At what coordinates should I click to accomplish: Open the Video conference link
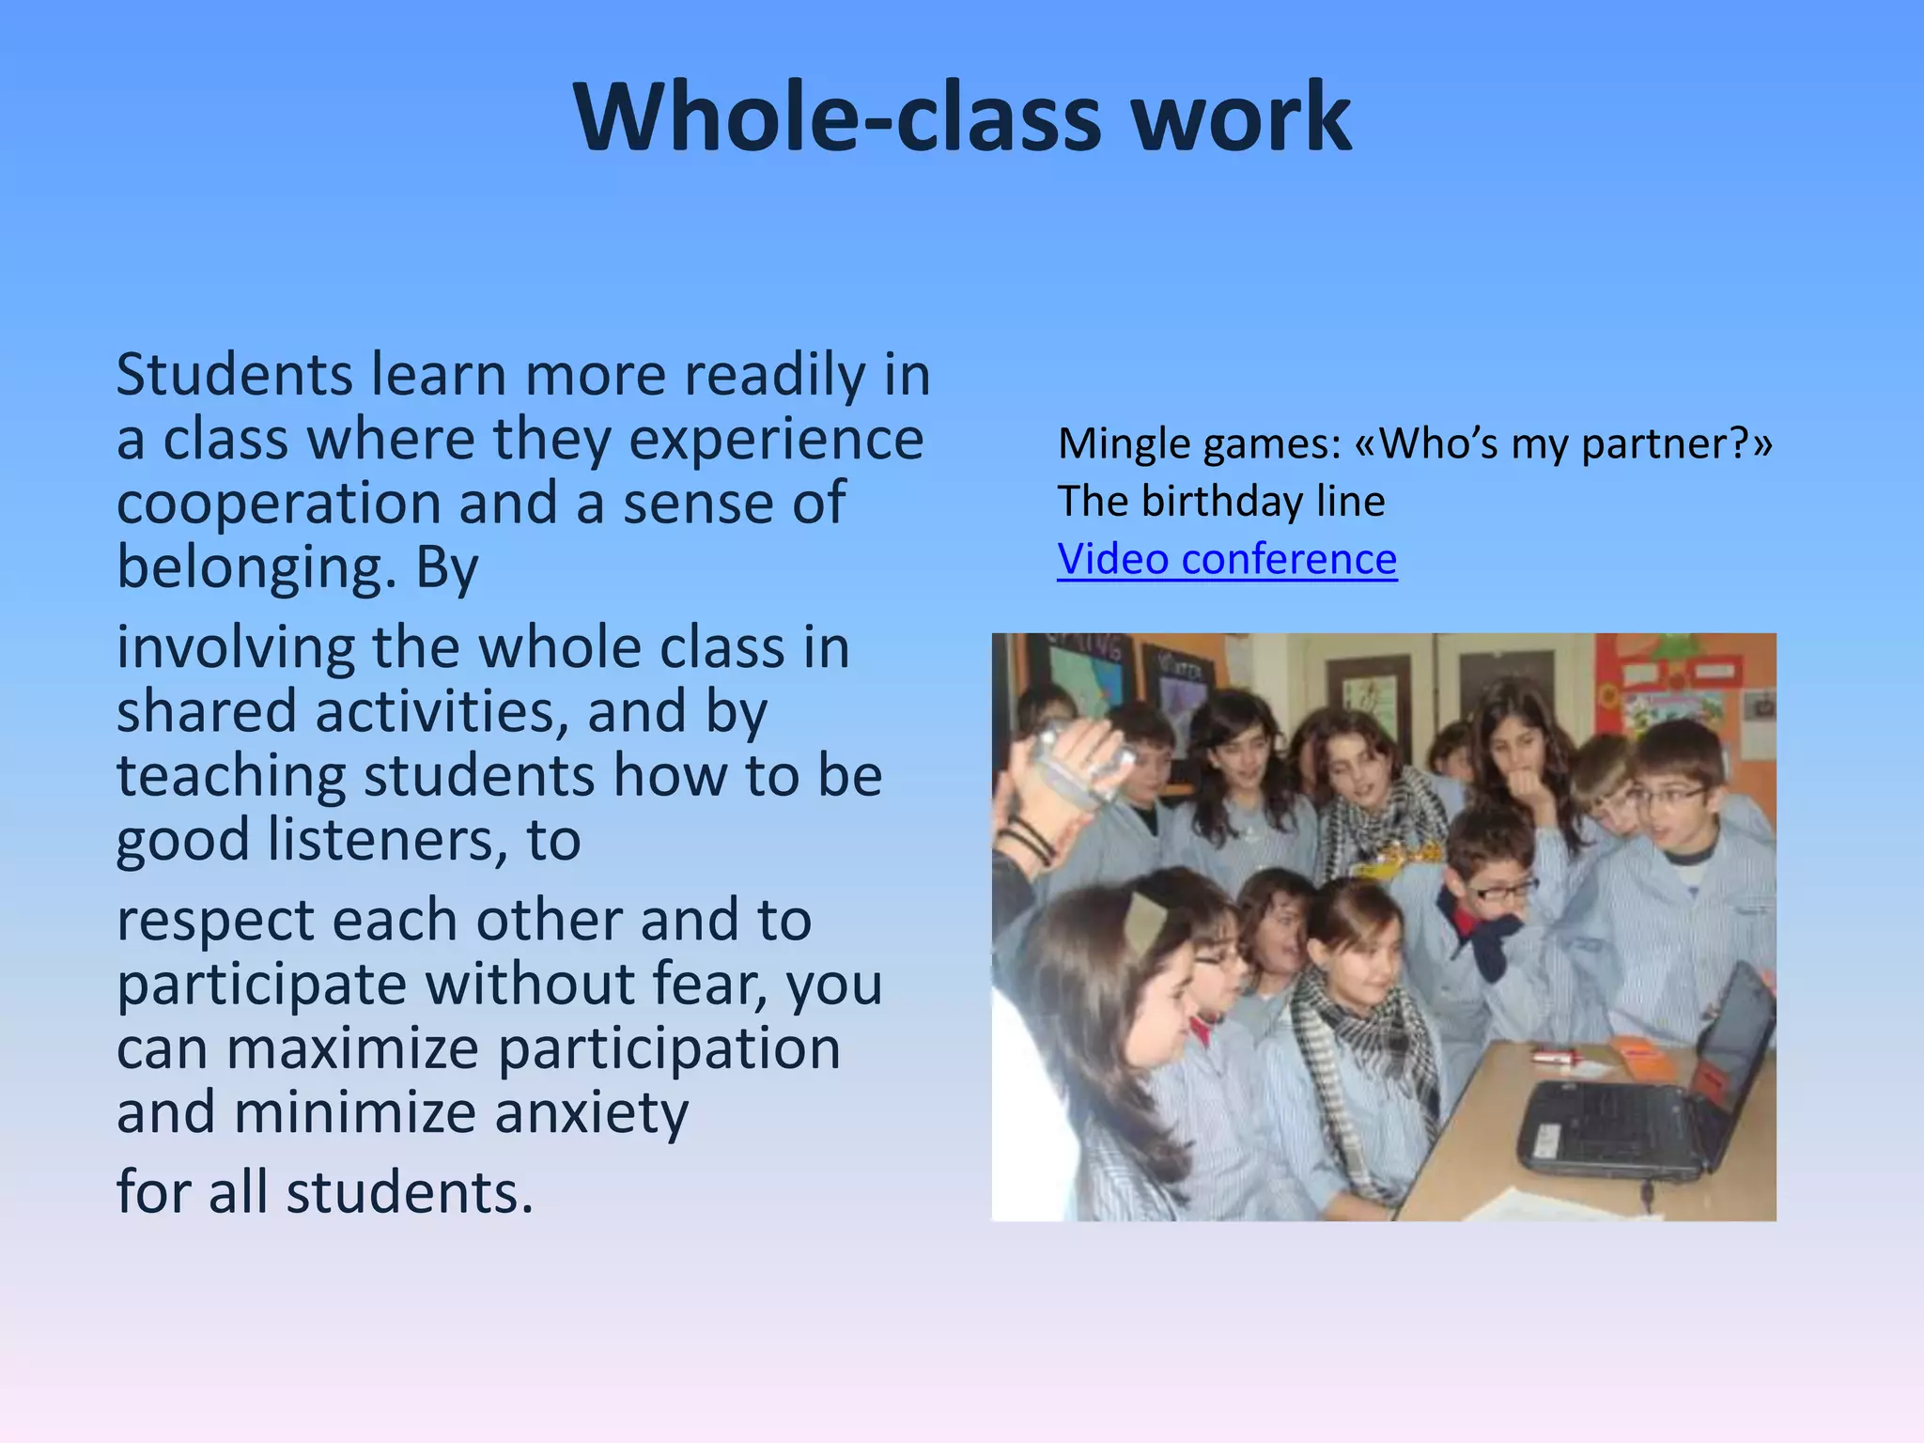(1227, 560)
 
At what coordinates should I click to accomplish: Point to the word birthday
(1221, 502)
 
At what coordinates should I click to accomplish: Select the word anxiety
(592, 1113)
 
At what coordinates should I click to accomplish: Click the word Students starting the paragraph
(234, 375)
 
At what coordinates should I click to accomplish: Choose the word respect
(215, 920)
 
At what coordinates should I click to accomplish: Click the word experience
(776, 440)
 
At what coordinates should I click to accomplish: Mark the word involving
(235, 648)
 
